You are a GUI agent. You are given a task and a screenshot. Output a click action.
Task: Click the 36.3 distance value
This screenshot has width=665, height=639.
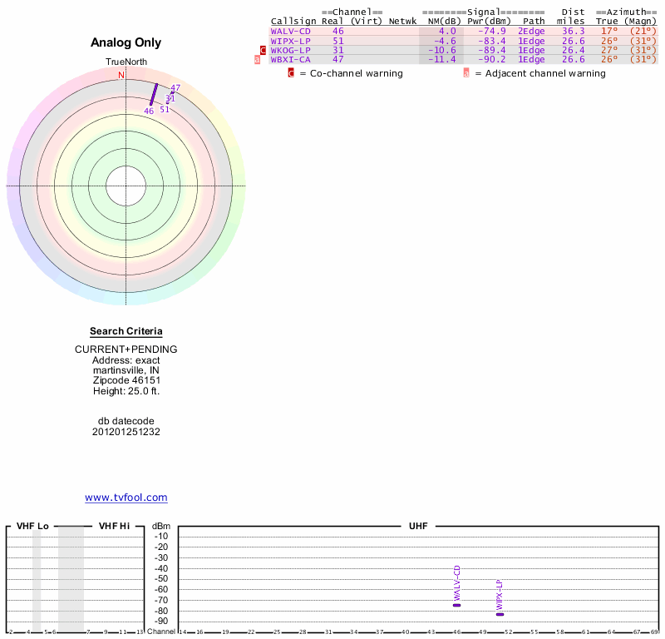click(574, 31)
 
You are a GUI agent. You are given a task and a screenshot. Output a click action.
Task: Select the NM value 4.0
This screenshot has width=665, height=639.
click(447, 31)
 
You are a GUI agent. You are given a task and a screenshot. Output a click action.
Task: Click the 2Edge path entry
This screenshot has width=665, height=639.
click(531, 31)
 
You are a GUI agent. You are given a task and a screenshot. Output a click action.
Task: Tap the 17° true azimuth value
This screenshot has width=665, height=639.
click(609, 31)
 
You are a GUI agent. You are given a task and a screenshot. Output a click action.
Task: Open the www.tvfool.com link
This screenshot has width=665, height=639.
click(126, 498)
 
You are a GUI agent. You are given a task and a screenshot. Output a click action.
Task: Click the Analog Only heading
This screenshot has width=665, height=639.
click(126, 42)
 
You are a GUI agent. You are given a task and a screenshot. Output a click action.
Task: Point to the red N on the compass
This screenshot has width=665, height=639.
click(121, 75)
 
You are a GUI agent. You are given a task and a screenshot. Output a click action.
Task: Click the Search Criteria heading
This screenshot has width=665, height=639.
click(126, 331)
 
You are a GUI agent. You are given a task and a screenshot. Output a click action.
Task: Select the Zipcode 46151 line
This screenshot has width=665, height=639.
click(126, 380)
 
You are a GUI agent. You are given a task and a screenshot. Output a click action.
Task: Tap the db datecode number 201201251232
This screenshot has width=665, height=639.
click(126, 432)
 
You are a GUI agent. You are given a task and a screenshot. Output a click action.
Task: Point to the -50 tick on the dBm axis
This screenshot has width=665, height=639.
click(161, 579)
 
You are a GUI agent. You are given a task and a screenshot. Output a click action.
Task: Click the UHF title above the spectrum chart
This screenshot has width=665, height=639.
click(416, 526)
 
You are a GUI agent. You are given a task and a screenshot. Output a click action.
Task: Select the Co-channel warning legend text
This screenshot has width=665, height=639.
click(351, 73)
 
